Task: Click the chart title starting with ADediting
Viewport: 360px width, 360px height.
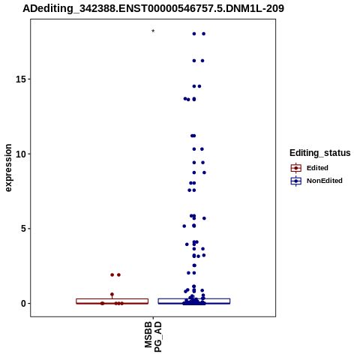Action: click(x=153, y=9)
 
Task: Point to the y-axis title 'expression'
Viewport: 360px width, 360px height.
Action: click(x=8, y=168)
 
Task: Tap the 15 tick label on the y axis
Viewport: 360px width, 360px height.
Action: click(x=21, y=79)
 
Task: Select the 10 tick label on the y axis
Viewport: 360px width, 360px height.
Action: click(x=21, y=154)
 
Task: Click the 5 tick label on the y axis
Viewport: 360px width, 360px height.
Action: click(x=23, y=229)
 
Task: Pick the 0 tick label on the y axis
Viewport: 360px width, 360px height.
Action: click(x=23, y=304)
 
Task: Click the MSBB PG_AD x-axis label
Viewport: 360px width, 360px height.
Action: click(x=153, y=337)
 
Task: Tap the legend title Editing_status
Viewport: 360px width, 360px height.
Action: click(x=320, y=153)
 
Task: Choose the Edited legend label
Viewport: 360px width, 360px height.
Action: click(x=317, y=168)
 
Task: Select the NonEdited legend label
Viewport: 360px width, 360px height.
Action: click(x=325, y=181)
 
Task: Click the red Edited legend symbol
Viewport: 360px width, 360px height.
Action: click(x=296, y=168)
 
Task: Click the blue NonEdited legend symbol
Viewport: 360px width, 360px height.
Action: click(x=296, y=181)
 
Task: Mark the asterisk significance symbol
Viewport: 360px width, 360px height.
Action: click(x=153, y=31)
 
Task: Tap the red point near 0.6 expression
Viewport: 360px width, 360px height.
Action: click(x=112, y=294)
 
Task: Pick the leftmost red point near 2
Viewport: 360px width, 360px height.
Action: click(x=112, y=274)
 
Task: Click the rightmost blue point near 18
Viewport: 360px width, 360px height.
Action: click(x=204, y=34)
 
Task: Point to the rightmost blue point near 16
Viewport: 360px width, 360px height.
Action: click(x=202, y=61)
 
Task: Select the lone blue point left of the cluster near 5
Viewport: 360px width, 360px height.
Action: click(x=184, y=226)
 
